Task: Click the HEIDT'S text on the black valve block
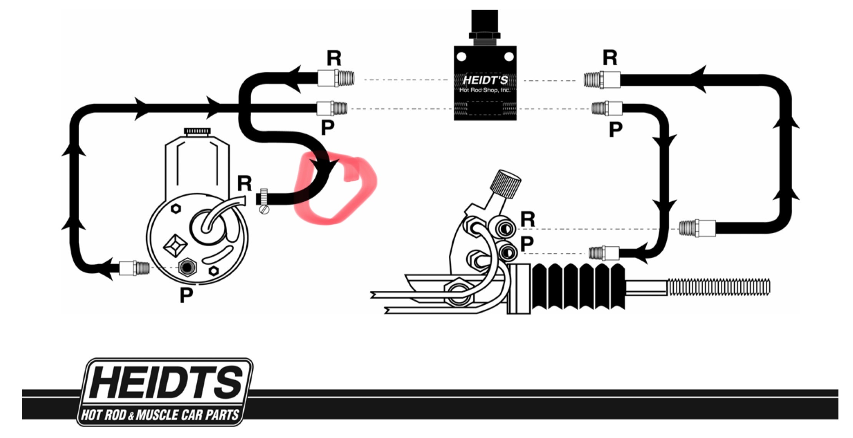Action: point(485,80)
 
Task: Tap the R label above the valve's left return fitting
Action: point(334,58)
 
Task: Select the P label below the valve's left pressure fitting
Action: point(327,128)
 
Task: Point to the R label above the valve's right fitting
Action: point(610,58)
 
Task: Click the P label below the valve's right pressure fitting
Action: point(616,130)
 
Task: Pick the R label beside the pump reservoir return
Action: point(245,183)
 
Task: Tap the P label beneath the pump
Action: point(186,295)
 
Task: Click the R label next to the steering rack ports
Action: point(528,219)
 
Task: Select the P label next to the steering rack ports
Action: point(527,244)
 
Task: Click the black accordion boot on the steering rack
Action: point(578,286)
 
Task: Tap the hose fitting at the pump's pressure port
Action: point(134,267)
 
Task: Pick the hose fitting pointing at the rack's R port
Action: point(697,228)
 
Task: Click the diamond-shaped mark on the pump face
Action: point(175,246)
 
